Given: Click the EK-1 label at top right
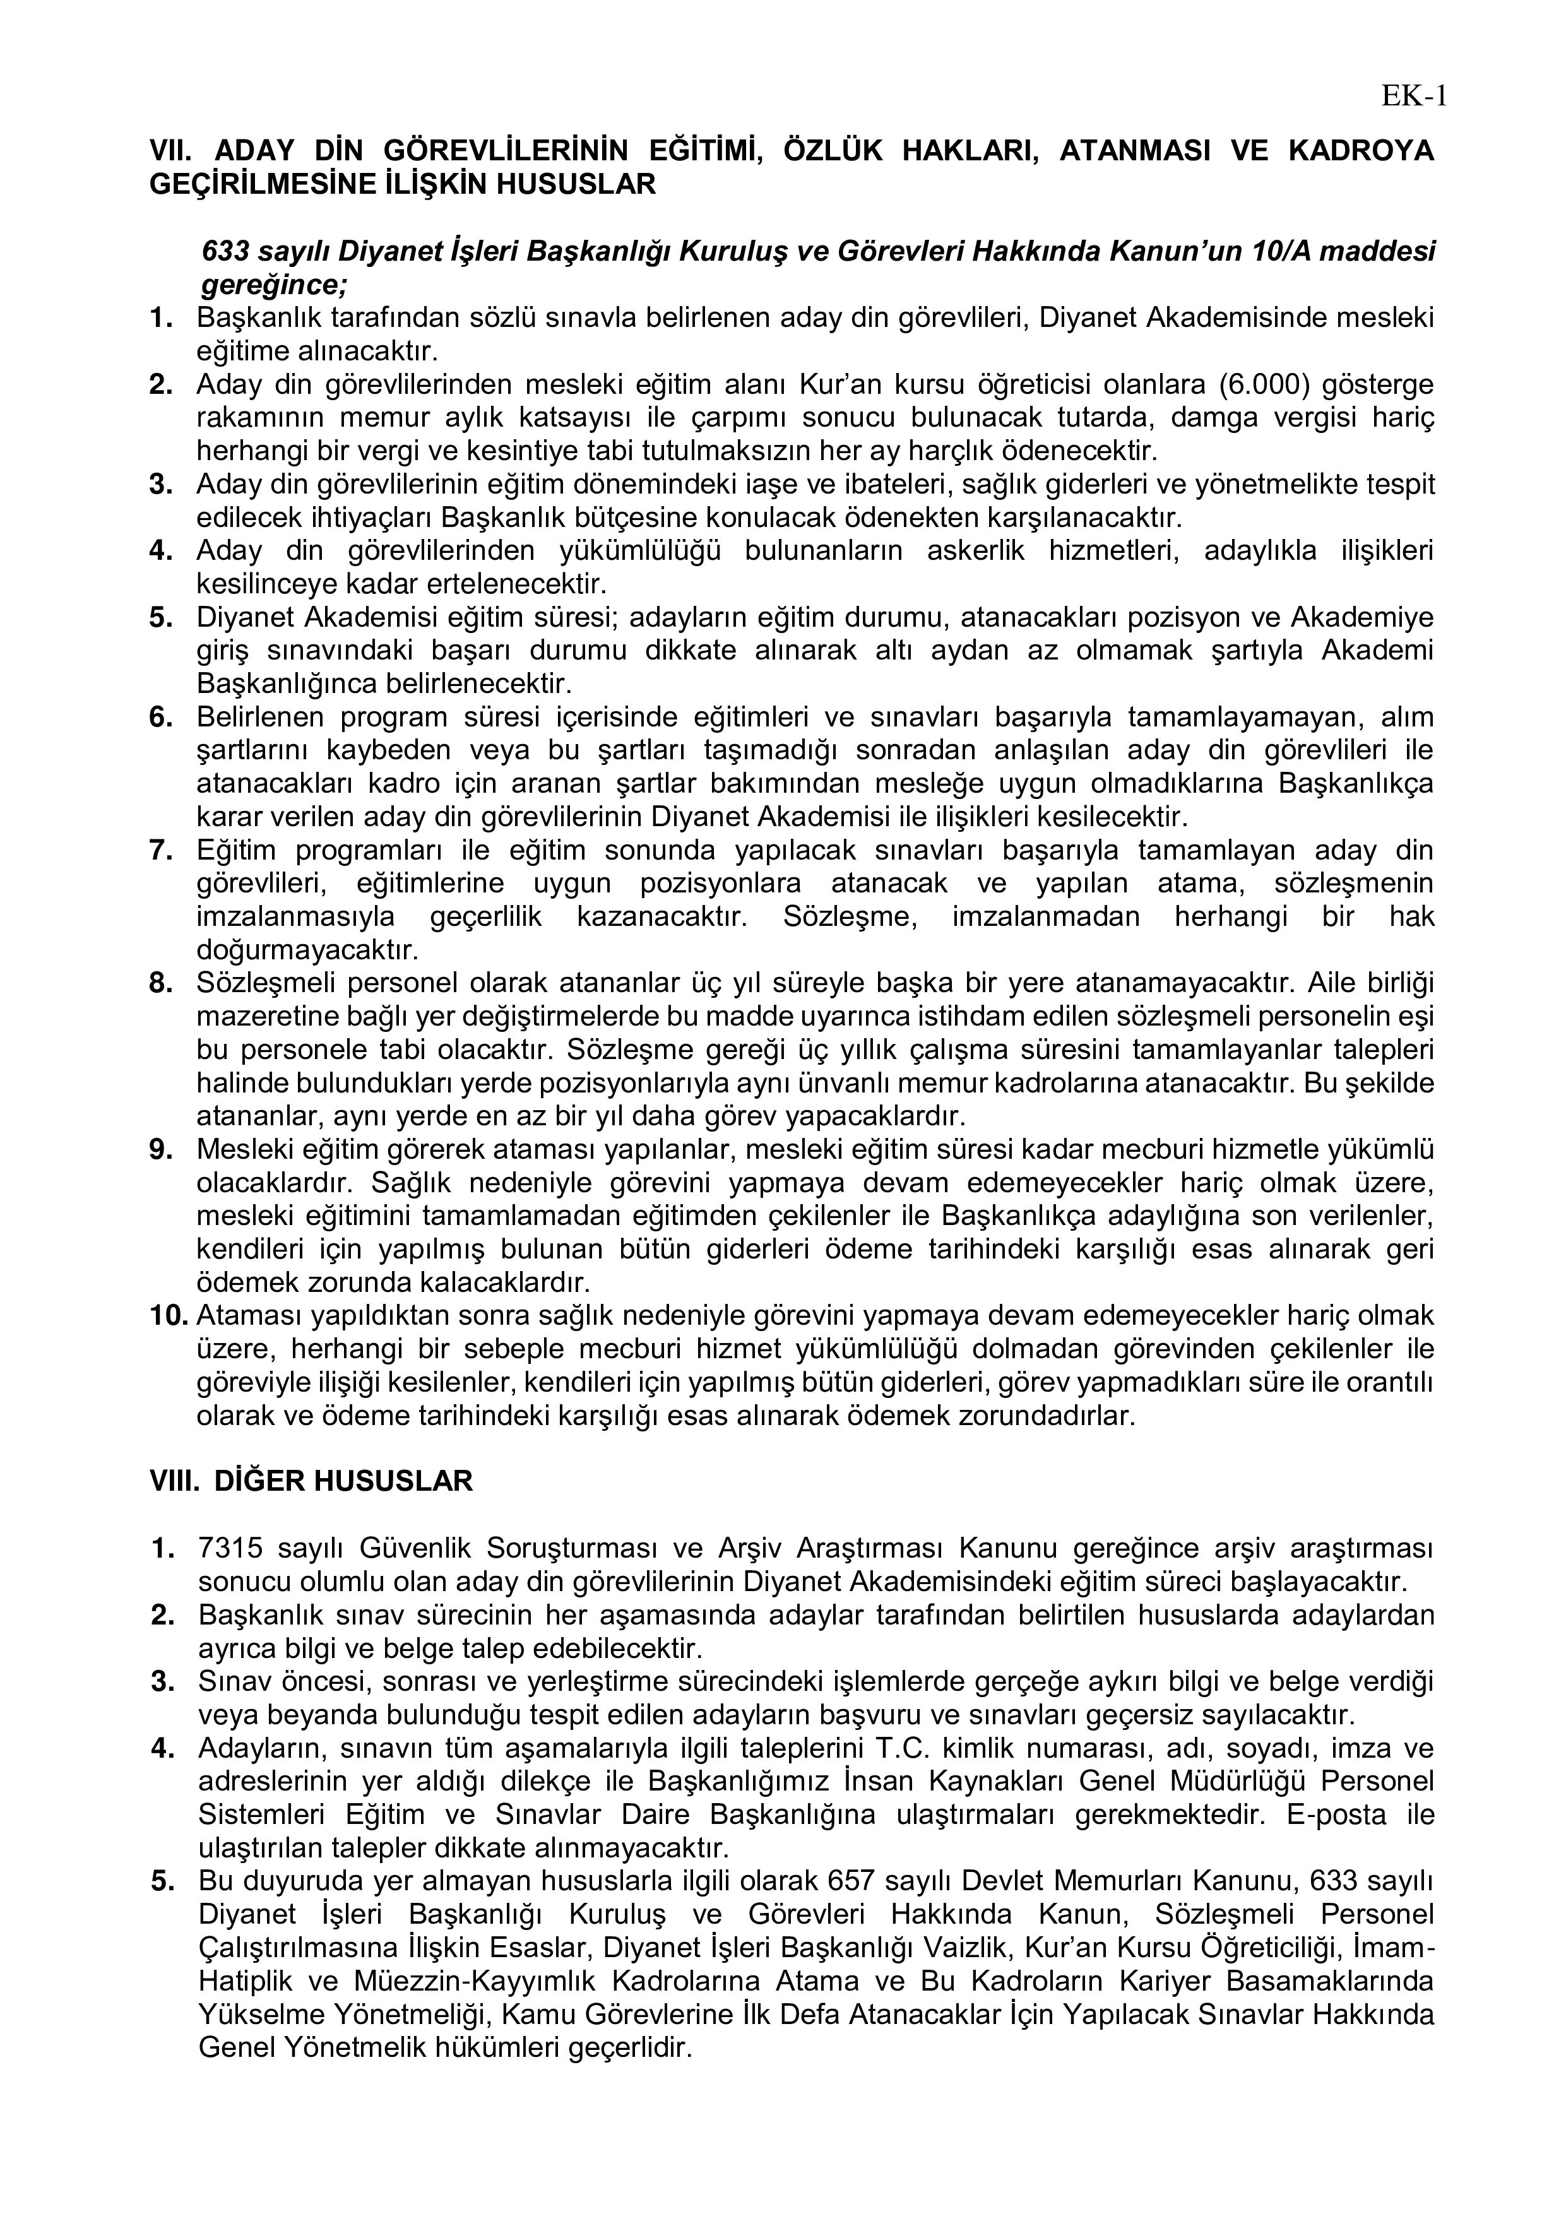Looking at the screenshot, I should click(x=1414, y=97).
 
